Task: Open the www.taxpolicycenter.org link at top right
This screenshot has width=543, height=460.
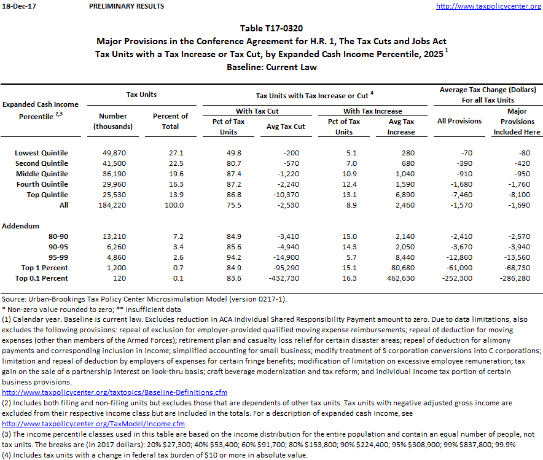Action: point(488,6)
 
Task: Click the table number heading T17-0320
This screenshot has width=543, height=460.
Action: point(271,28)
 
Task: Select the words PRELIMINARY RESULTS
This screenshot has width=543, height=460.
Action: point(127,6)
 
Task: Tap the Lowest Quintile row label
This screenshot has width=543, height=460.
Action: point(42,153)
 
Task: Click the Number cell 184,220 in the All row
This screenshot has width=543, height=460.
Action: point(113,205)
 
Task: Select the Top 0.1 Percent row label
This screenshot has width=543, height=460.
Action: point(42,278)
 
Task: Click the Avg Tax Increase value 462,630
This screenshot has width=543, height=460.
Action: point(401,278)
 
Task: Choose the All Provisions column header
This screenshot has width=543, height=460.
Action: point(459,121)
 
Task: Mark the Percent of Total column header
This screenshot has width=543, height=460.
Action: point(170,121)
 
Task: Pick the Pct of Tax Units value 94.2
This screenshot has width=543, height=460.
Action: point(229,257)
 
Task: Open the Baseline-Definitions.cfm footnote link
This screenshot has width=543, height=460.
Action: point(115,392)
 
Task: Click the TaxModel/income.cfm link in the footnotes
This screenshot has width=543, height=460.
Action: point(93,424)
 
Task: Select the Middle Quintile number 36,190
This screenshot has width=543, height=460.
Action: point(113,174)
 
